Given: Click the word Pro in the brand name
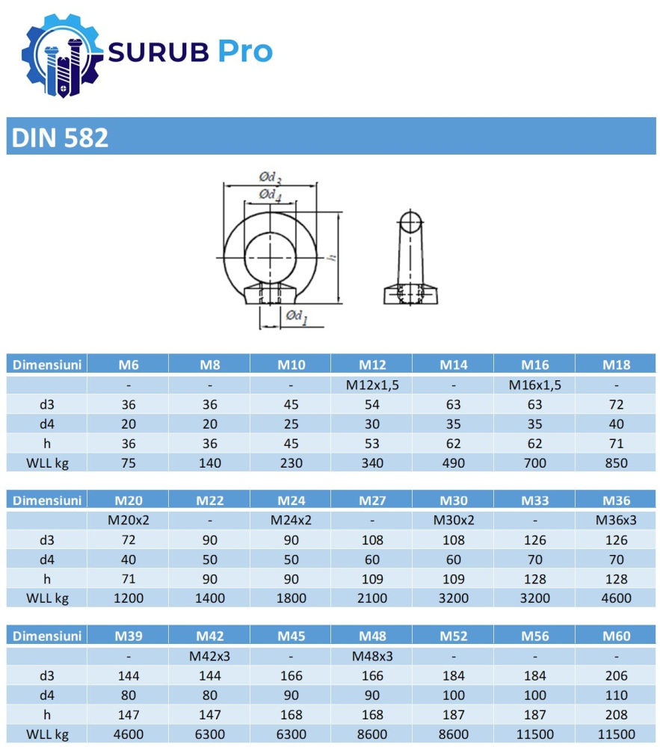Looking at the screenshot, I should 244,52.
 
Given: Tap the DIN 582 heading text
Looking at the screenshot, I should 60,137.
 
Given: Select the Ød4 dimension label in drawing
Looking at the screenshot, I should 271,195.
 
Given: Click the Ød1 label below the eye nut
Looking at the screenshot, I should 296,317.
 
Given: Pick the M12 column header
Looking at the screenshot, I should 372,365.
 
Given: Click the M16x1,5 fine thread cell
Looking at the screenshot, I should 535,385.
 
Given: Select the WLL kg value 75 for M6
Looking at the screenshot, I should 129,462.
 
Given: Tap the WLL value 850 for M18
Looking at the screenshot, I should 616,462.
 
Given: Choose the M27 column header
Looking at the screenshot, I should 372,500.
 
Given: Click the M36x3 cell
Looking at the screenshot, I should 616,520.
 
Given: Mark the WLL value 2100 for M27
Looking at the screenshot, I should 372,598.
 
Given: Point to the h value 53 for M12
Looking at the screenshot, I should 372,443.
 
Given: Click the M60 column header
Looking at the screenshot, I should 616,636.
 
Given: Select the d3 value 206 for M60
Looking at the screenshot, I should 616,675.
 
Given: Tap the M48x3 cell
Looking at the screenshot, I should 372,656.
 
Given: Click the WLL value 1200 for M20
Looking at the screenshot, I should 129,598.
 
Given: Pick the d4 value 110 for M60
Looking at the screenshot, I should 616,695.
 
